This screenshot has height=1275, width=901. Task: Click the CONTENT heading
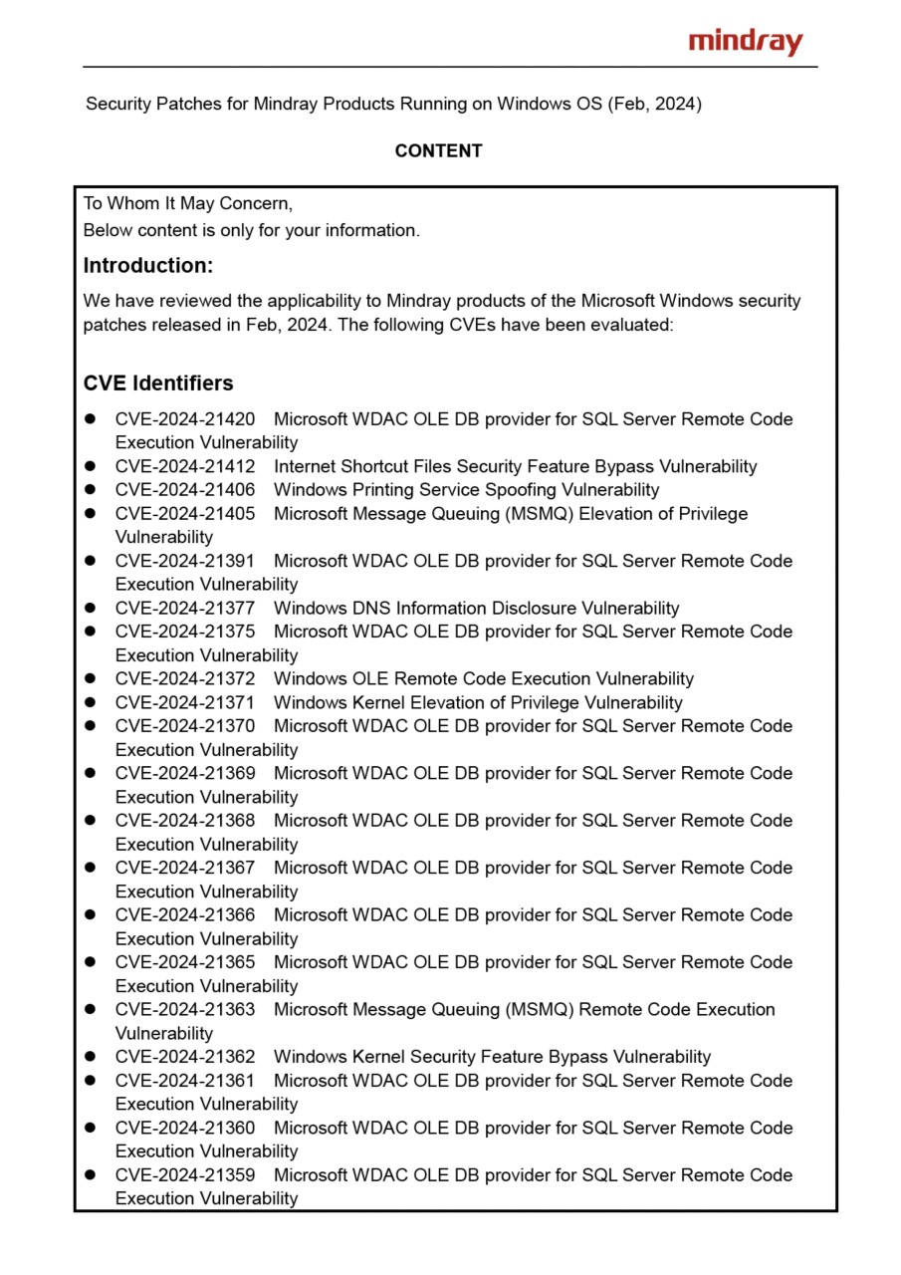click(438, 150)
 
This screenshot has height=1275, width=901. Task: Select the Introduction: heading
click(147, 266)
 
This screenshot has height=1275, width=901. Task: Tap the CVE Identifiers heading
click(158, 383)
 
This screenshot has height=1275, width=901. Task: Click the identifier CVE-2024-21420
click(185, 419)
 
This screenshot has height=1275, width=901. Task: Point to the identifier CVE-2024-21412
click(185, 466)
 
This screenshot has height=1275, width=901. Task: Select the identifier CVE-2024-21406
click(185, 490)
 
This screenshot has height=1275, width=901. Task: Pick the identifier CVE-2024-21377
click(185, 609)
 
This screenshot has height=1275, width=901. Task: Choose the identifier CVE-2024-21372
click(185, 679)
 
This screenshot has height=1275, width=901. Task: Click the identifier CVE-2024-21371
click(185, 703)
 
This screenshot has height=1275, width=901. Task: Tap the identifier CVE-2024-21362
click(185, 1057)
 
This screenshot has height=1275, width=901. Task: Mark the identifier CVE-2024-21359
click(185, 1175)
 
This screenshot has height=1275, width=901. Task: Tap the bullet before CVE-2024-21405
click(90, 514)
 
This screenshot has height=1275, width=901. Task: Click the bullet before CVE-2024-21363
click(90, 1010)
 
